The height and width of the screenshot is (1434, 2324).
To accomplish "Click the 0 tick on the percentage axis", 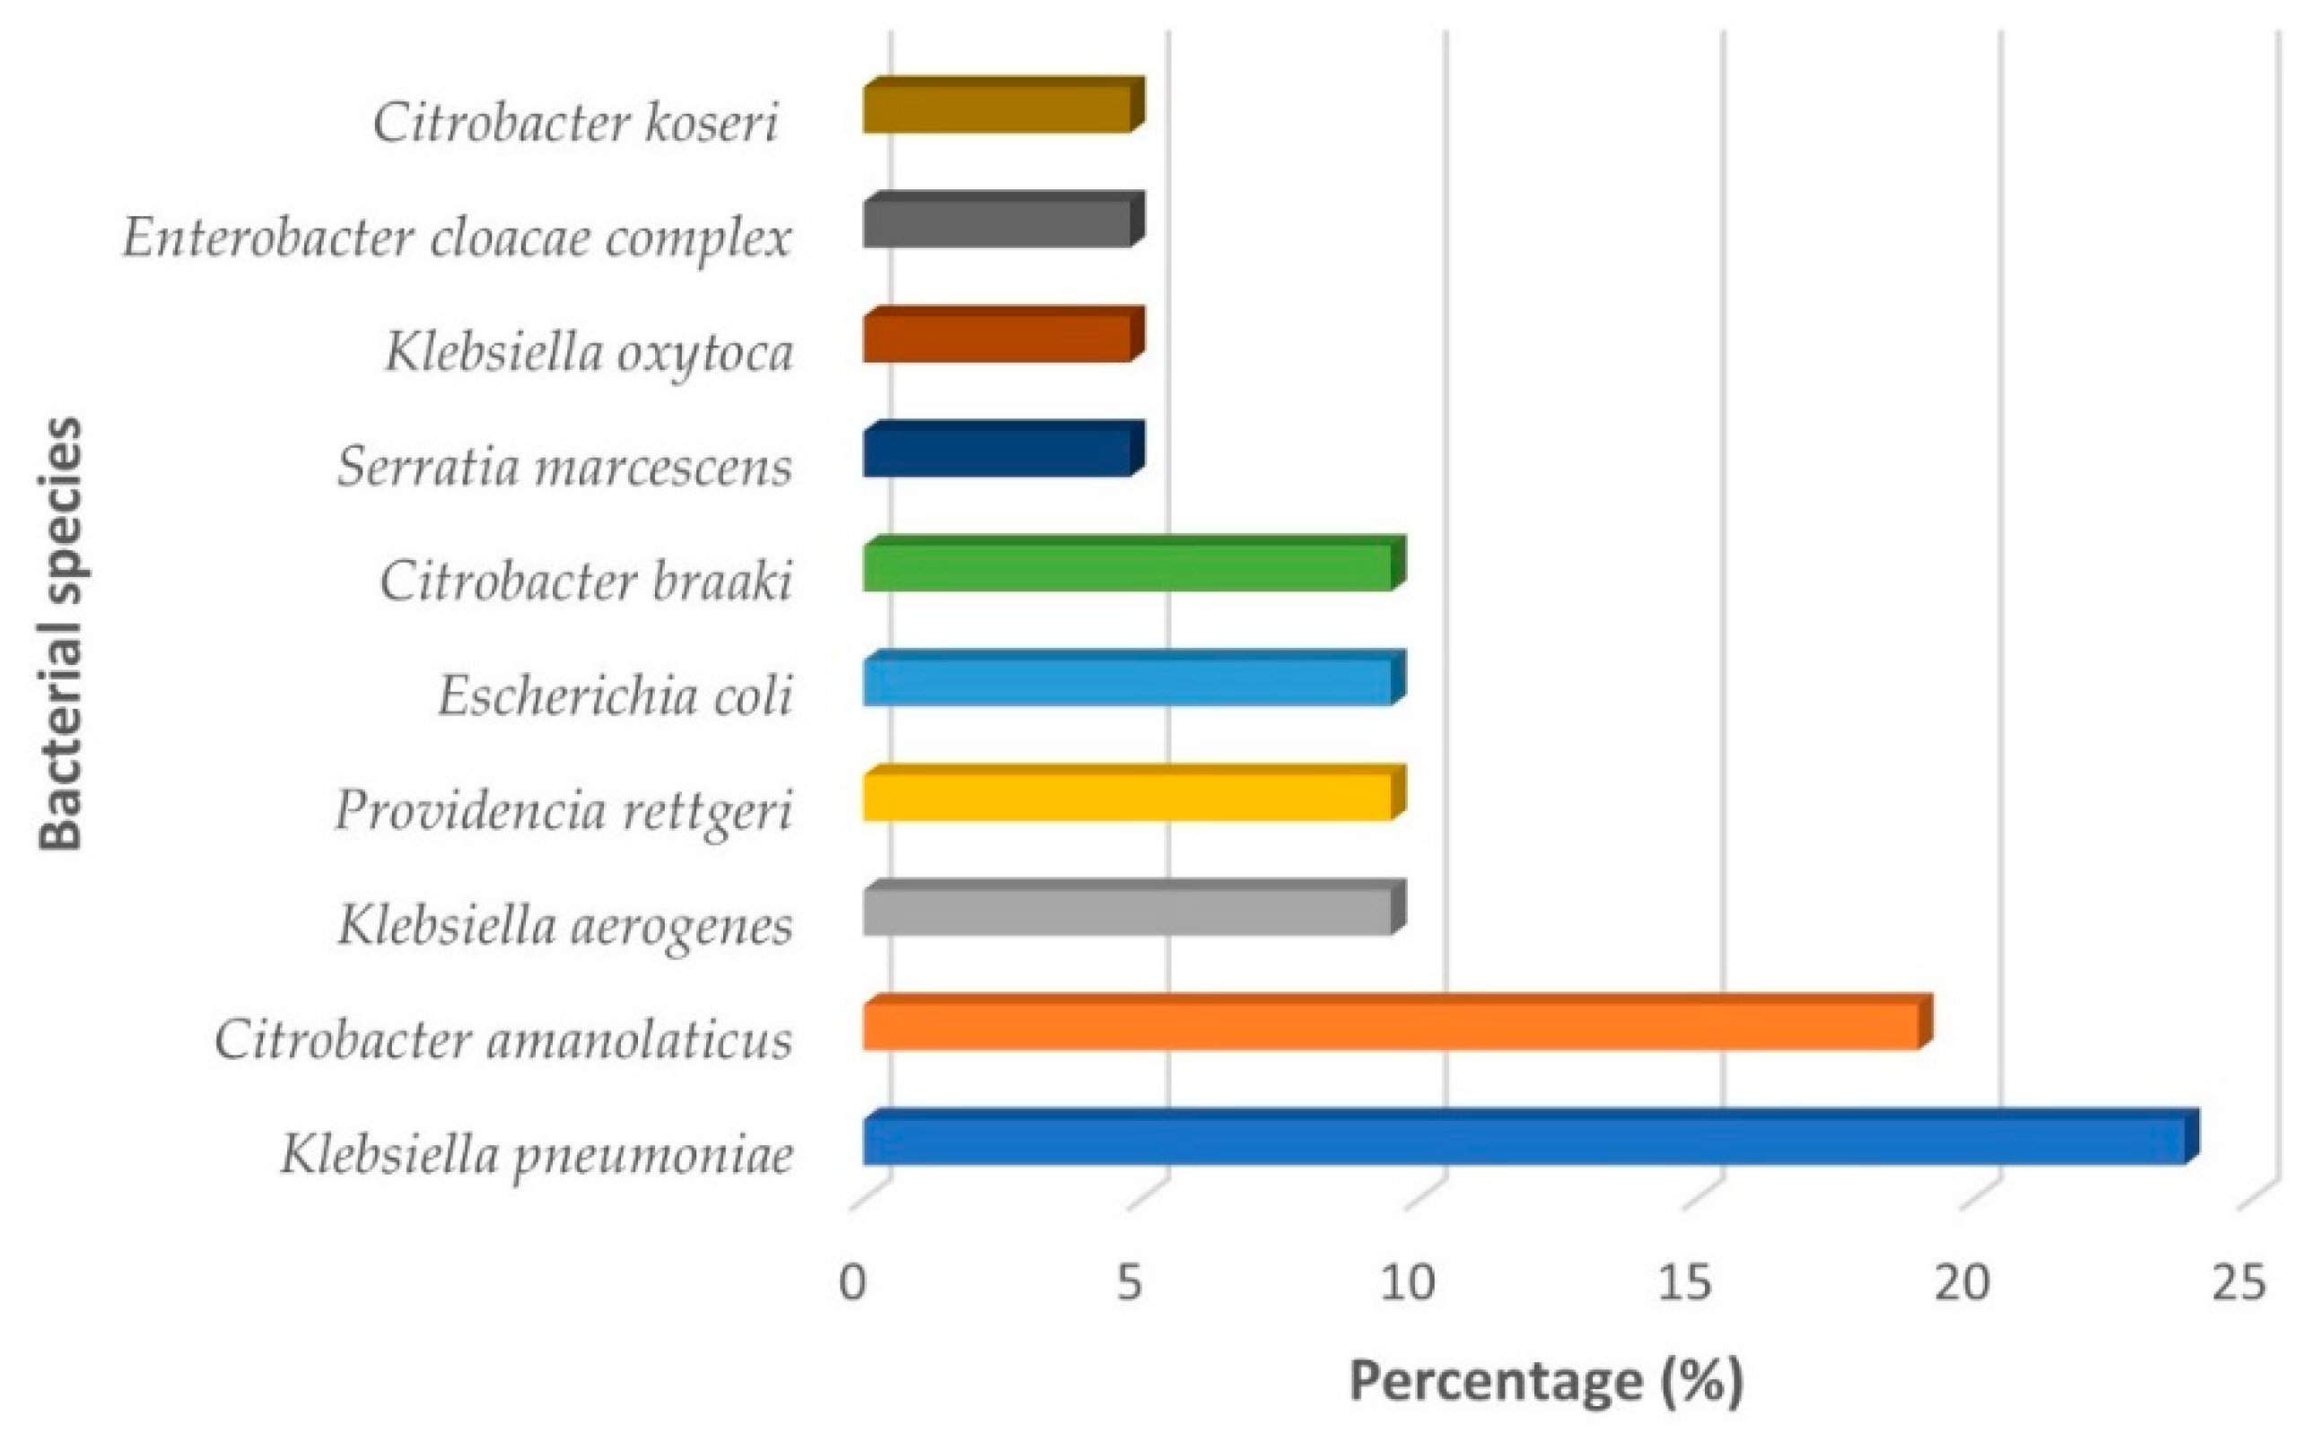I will coord(852,1283).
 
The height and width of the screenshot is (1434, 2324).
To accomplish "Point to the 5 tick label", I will coord(1128,1283).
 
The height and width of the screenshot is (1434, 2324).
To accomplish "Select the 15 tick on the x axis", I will coord(1685,1283).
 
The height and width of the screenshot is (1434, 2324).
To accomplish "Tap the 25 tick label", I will coord(2239,1283).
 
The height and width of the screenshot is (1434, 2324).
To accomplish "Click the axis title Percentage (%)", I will coord(1545,1381).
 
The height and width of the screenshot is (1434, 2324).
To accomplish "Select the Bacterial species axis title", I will coord(61,634).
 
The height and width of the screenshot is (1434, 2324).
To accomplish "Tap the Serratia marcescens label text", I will coord(565,468).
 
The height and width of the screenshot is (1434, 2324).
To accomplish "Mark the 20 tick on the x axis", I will coord(1961,1283).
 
